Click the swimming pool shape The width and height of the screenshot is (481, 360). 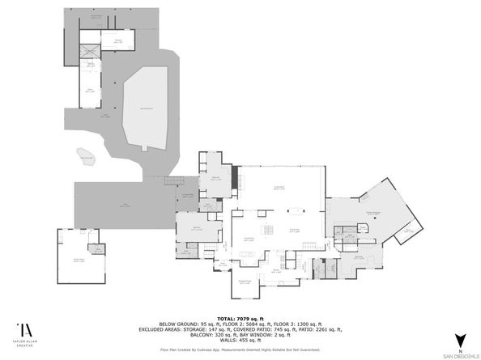[150, 106]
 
